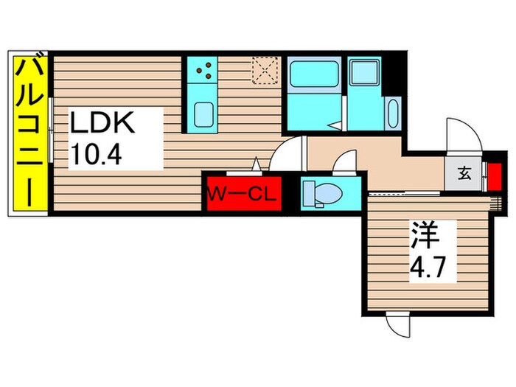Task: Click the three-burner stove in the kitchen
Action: (x=205, y=72)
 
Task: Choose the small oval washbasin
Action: (x=391, y=114)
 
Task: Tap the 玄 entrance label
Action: (x=464, y=174)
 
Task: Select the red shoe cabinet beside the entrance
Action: (x=495, y=175)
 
